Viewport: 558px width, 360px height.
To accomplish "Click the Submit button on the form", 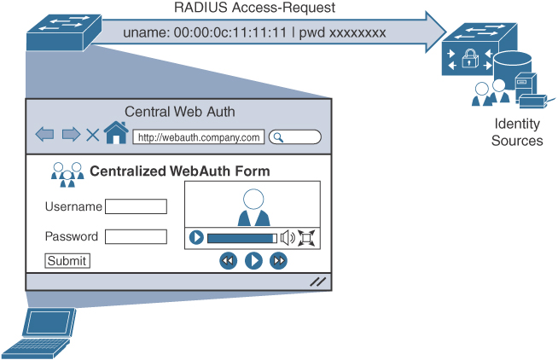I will (x=67, y=261).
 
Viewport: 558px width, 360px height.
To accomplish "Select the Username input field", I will (x=136, y=206).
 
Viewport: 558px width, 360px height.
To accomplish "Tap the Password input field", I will (x=136, y=236).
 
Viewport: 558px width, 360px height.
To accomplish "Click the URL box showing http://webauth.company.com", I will (x=198, y=136).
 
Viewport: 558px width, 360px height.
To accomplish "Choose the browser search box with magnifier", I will (x=295, y=136).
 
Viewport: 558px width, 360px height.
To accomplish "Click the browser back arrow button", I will (x=44, y=135).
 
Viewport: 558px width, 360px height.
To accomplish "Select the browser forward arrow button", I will (x=71, y=135).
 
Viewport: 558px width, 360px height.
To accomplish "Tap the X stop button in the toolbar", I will (x=92, y=135).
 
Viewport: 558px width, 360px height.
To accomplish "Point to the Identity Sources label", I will (x=517, y=132).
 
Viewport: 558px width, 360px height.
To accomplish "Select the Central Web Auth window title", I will (x=180, y=112).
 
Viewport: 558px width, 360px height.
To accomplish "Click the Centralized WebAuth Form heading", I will (x=180, y=171).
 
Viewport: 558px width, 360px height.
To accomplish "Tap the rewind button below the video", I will (x=228, y=261).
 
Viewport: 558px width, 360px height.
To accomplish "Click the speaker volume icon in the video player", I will (x=288, y=238).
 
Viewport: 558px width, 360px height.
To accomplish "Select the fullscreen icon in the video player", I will (x=307, y=238).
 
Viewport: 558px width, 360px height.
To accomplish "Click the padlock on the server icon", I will (x=469, y=60).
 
